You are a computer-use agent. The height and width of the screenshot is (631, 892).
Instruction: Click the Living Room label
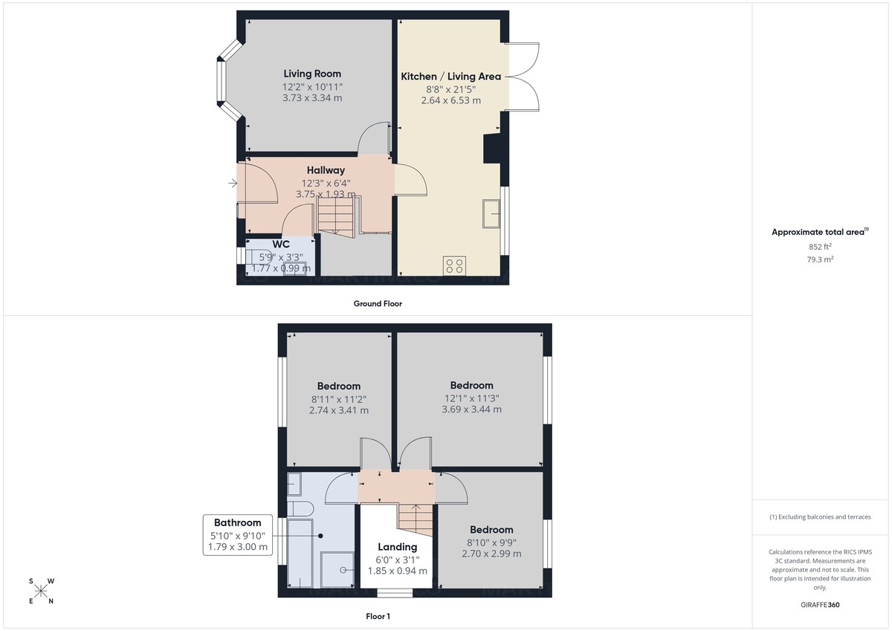[x=312, y=74]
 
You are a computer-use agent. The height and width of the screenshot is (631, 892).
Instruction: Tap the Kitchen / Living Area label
[x=450, y=77]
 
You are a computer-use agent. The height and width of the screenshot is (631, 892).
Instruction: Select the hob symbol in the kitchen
[x=454, y=266]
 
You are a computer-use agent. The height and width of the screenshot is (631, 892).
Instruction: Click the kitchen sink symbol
[x=491, y=213]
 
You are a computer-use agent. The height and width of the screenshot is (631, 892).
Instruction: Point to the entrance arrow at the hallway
[x=233, y=182]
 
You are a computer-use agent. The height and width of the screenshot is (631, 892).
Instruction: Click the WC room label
[x=281, y=244]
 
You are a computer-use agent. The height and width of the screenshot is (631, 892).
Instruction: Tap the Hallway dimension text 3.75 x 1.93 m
[x=326, y=195]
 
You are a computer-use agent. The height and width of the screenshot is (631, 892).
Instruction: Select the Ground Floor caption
[x=378, y=303]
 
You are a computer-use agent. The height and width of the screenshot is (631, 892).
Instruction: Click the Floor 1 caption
[x=378, y=616]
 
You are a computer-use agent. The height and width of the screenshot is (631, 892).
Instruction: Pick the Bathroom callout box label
[x=238, y=522]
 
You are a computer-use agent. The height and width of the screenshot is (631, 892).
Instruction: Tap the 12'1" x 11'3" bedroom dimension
[x=471, y=398]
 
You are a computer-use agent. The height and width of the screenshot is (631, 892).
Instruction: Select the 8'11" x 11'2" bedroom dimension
[x=338, y=398]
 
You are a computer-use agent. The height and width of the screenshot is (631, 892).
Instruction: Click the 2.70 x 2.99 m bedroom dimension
[x=491, y=554]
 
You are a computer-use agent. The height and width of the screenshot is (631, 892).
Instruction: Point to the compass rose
[x=41, y=591]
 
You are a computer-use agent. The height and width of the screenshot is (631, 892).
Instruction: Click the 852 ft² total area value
[x=820, y=247]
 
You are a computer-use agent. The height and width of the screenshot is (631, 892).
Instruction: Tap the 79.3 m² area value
[x=820, y=259]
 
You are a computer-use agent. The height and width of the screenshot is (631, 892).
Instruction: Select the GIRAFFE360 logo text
[x=820, y=605]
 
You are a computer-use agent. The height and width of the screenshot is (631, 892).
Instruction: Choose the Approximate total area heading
[x=818, y=232]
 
